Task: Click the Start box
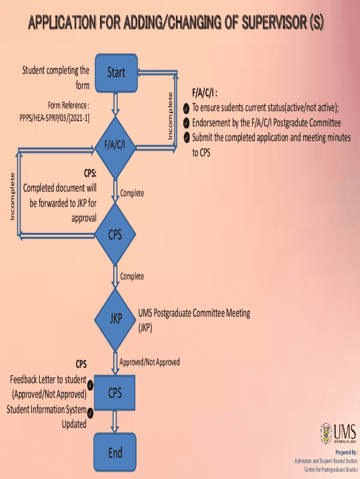(116, 73)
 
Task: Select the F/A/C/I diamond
(115, 146)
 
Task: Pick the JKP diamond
(115, 319)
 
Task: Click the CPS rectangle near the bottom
(115, 393)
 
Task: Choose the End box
(115, 452)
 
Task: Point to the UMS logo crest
(326, 433)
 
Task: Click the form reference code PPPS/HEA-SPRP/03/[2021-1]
(54, 118)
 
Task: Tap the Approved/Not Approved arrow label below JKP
(149, 362)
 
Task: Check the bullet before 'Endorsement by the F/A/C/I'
(186, 123)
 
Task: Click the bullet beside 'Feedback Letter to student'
(91, 385)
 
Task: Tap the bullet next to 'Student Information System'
(90, 413)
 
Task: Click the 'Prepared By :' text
(346, 453)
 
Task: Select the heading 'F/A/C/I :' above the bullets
(204, 93)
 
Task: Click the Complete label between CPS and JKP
(132, 276)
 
